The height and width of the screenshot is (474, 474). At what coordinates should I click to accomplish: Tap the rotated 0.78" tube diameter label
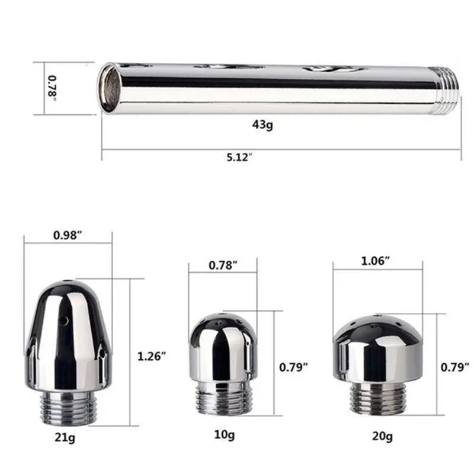pos(52,87)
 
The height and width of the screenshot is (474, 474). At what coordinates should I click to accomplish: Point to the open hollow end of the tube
pos(110,88)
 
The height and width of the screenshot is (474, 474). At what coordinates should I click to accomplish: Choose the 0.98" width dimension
pos(68,235)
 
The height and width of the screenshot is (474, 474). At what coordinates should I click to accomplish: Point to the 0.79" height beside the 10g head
pos(293,367)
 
